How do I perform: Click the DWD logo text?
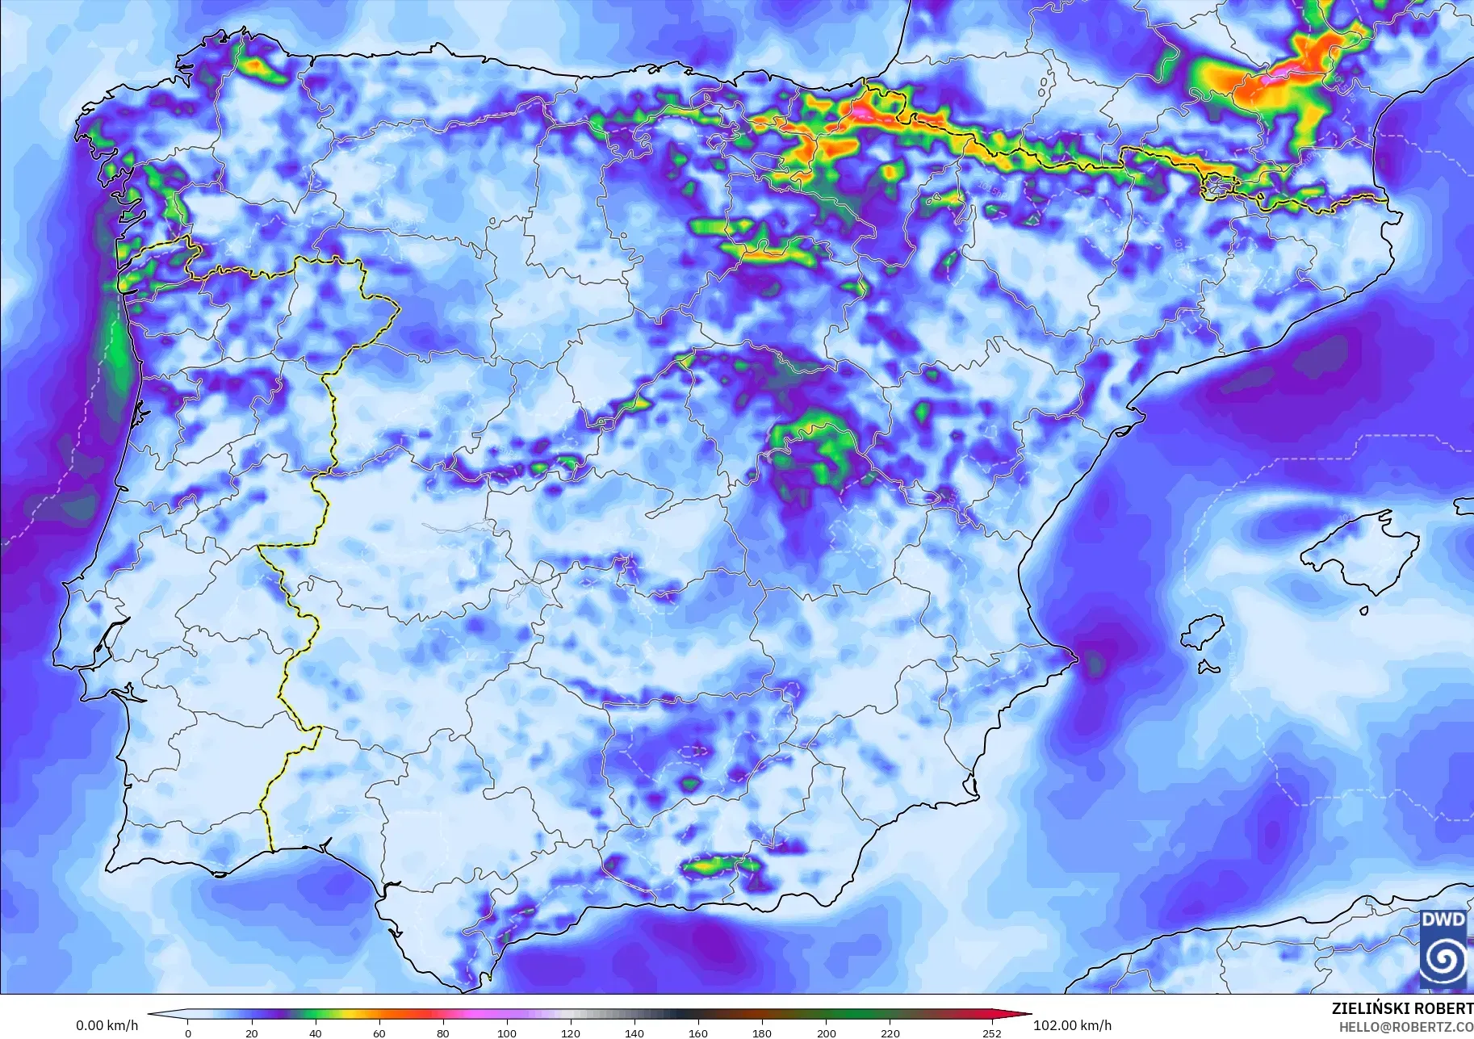pyautogui.click(x=1443, y=920)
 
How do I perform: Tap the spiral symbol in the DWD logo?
pyautogui.click(x=1443, y=961)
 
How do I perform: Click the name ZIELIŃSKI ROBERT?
pyautogui.click(x=1402, y=1009)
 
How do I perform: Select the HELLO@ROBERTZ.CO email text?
pyautogui.click(x=1406, y=1028)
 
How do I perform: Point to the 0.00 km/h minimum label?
pyautogui.click(x=107, y=1026)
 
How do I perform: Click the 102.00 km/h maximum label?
pyautogui.click(x=1072, y=1026)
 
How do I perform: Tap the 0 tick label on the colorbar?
pyautogui.click(x=188, y=1033)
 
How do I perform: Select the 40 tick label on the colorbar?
pyautogui.click(x=316, y=1033)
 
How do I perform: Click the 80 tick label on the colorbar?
pyautogui.click(x=443, y=1033)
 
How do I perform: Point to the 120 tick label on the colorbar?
pyautogui.click(x=571, y=1033)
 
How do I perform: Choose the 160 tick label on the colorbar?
pyautogui.click(x=698, y=1033)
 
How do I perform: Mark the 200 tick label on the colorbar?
pyautogui.click(x=826, y=1033)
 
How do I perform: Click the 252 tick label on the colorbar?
pyautogui.click(x=992, y=1033)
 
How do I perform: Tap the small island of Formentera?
pyautogui.click(x=1208, y=668)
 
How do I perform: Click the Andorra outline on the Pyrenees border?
pyautogui.click(x=1217, y=188)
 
